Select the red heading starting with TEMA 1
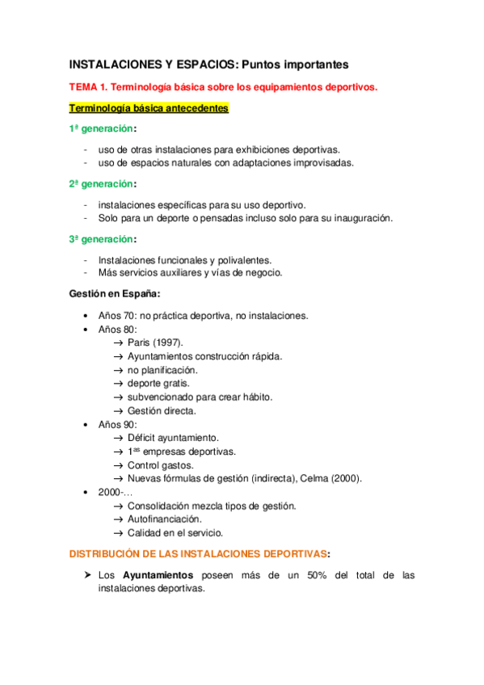[222, 87]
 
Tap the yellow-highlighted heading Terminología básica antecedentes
[149, 108]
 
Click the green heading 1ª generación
[102, 129]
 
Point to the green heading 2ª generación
[102, 184]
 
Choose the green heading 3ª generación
[102, 239]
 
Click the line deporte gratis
[158, 384]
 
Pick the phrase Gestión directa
[162, 411]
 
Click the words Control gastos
[160, 465]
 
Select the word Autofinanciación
[164, 519]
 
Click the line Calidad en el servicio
[175, 533]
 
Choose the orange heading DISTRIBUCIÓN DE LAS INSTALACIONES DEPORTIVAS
[199, 554]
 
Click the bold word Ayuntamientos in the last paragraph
[158, 575]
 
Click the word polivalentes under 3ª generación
[245, 260]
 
